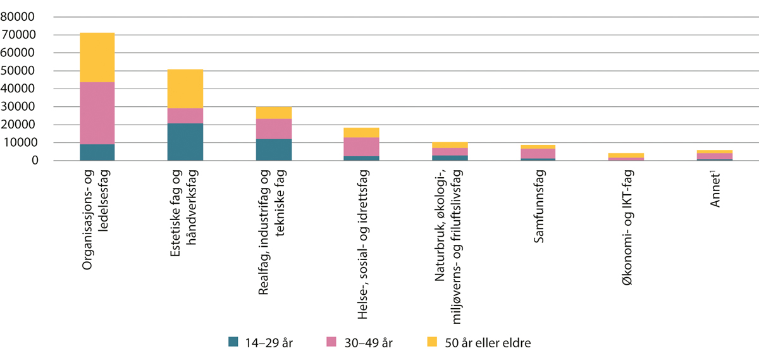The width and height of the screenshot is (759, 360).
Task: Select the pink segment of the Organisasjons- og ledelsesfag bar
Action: click(x=97, y=113)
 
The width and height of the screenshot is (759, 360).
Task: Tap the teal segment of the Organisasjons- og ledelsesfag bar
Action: click(x=97, y=152)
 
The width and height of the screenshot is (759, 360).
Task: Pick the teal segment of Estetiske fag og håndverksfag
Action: click(x=185, y=142)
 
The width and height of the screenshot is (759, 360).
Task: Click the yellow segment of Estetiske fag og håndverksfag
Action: click(x=185, y=89)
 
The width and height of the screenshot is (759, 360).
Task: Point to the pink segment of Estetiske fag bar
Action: click(x=185, y=116)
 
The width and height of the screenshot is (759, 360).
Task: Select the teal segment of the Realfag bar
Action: click(x=273, y=150)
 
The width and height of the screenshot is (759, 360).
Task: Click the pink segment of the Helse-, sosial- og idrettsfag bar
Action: click(x=362, y=147)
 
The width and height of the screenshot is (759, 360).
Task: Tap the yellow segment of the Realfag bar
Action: click(x=273, y=113)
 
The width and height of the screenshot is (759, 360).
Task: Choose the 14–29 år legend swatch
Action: click(x=233, y=342)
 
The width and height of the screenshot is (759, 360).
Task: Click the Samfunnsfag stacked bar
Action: click(x=538, y=153)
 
